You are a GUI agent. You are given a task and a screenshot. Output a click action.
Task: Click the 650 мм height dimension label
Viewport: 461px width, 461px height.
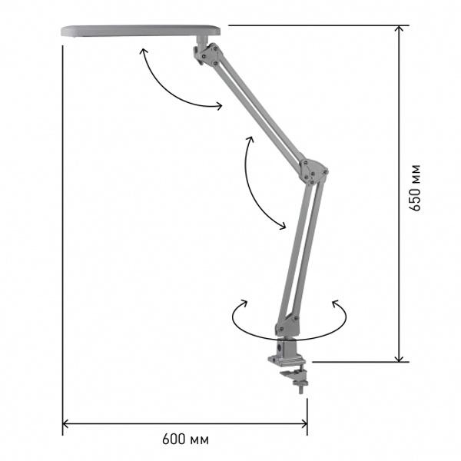415,187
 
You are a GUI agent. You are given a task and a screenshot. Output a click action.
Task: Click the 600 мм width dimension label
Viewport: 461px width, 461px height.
185,439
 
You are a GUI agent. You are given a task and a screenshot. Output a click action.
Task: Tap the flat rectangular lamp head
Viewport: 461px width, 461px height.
141,31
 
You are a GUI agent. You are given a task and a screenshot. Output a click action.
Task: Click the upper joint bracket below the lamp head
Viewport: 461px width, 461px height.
209,55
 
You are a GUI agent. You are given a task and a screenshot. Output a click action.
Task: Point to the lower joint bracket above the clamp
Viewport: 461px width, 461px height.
287,326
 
